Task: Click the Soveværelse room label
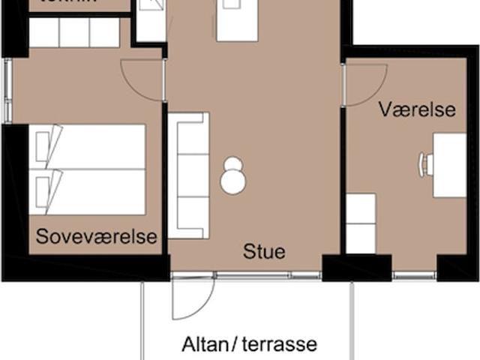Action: tap(97, 237)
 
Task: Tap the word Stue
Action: tap(264, 251)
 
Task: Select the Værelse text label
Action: tap(417, 109)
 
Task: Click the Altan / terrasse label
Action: tap(250, 345)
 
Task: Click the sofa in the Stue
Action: tap(187, 175)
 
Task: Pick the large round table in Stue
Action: tap(234, 181)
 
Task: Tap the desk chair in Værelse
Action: tap(426, 164)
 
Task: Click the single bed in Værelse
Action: tap(361, 223)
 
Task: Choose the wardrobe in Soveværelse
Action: tap(74, 33)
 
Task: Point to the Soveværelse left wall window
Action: tap(7, 90)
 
